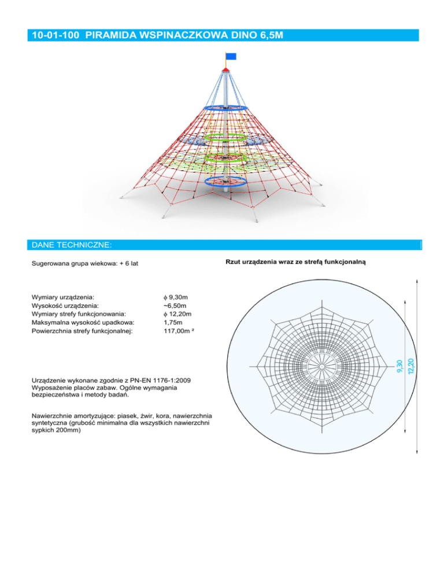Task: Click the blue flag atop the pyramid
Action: [x=231, y=56]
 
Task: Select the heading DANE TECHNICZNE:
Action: [x=72, y=245]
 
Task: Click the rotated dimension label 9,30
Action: [x=399, y=367]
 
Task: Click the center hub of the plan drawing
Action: [x=320, y=367]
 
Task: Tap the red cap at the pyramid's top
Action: [x=225, y=70]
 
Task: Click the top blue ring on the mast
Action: [x=225, y=108]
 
